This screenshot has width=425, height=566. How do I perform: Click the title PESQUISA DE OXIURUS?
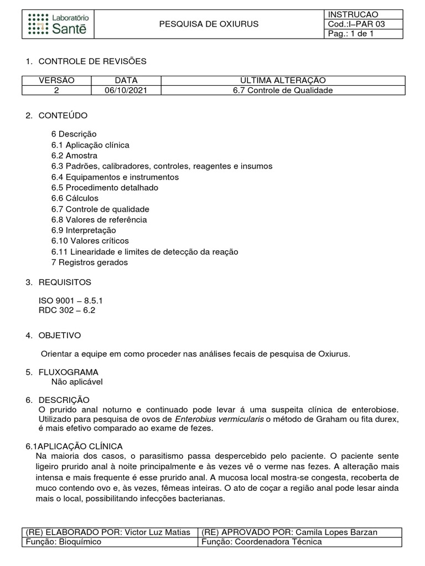pos(209,24)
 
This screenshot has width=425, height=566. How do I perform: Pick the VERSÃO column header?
pos(56,80)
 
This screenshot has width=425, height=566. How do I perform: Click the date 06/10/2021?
pos(126,90)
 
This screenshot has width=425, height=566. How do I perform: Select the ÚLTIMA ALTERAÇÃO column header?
pos(283,80)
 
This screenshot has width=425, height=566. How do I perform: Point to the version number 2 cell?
pos(56,90)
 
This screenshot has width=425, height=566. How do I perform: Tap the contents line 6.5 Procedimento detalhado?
pos(105,187)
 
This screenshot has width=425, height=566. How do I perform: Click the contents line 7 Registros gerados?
pos(89,263)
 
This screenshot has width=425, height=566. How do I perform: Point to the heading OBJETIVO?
pos(59,336)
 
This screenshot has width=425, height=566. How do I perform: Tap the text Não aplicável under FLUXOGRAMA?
pos(77,381)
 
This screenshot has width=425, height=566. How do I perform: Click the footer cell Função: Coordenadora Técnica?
pos(262,542)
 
